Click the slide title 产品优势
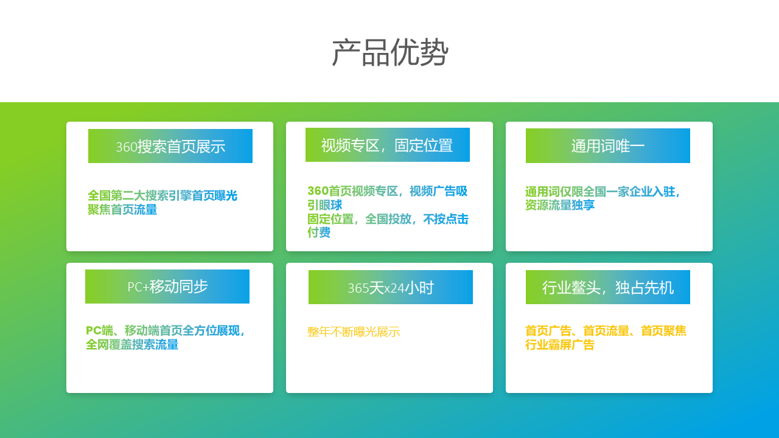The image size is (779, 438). [389, 52]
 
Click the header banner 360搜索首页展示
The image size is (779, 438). [170, 146]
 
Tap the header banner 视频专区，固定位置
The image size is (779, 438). [388, 145]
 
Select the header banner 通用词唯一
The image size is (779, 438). [608, 146]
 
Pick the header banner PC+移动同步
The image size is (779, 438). [167, 287]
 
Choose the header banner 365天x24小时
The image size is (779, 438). [391, 287]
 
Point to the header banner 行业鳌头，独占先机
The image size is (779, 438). [608, 287]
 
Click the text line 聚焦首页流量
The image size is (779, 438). [122, 210]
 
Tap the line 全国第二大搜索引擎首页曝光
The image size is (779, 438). [162, 196]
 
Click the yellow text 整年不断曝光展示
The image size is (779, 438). [354, 332]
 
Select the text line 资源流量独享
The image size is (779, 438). [560, 206]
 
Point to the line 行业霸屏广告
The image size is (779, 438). [560, 345]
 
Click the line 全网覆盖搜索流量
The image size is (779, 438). [132, 345]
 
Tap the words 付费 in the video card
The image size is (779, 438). [319, 232]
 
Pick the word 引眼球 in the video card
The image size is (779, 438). [324, 205]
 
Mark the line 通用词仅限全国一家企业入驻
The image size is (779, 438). [603, 192]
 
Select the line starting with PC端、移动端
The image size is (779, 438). [166, 331]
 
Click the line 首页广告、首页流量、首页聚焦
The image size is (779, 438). [606, 331]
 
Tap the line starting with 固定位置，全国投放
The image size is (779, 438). [388, 219]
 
